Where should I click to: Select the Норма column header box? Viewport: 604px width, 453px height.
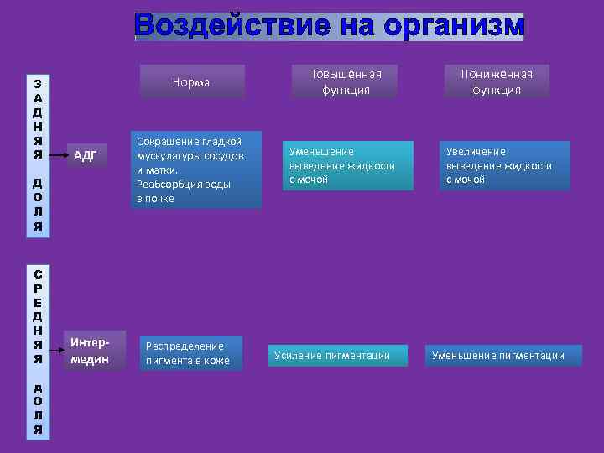[192, 82]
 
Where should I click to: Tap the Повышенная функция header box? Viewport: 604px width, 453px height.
[345, 82]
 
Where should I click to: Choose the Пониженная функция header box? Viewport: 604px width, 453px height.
[497, 82]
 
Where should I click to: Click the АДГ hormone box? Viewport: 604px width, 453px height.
[86, 154]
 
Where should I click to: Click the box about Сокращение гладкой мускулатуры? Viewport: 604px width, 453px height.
[196, 169]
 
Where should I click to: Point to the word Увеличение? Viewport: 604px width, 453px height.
[476, 152]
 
